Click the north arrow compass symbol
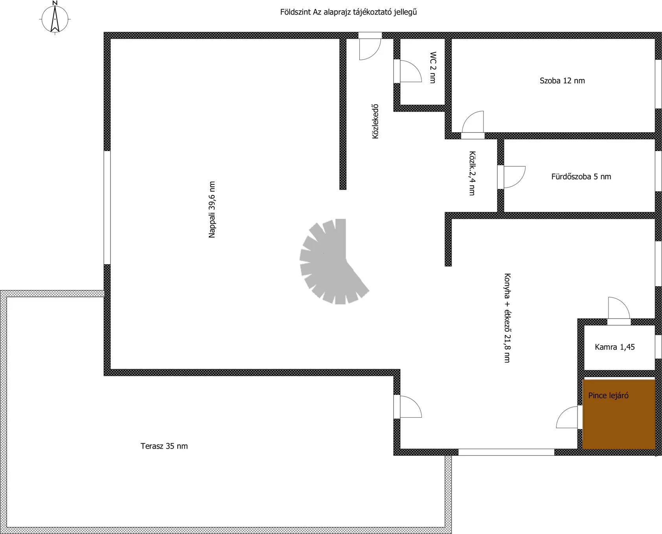(55, 18)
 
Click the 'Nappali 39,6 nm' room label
(212, 210)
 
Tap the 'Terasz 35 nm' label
(164, 446)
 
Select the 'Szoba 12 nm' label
(562, 81)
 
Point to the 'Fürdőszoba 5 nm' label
(581, 177)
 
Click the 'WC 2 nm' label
(433, 67)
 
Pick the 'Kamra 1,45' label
(615, 347)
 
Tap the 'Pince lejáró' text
(608, 396)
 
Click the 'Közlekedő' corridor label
(375, 122)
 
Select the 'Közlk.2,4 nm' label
(472, 173)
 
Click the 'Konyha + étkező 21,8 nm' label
(507, 318)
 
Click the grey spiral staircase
(334, 261)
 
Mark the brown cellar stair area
(619, 414)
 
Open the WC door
(408, 71)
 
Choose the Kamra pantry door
(619, 311)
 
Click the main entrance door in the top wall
(370, 46)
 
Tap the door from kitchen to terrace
(408, 407)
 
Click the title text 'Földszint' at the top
(295, 12)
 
